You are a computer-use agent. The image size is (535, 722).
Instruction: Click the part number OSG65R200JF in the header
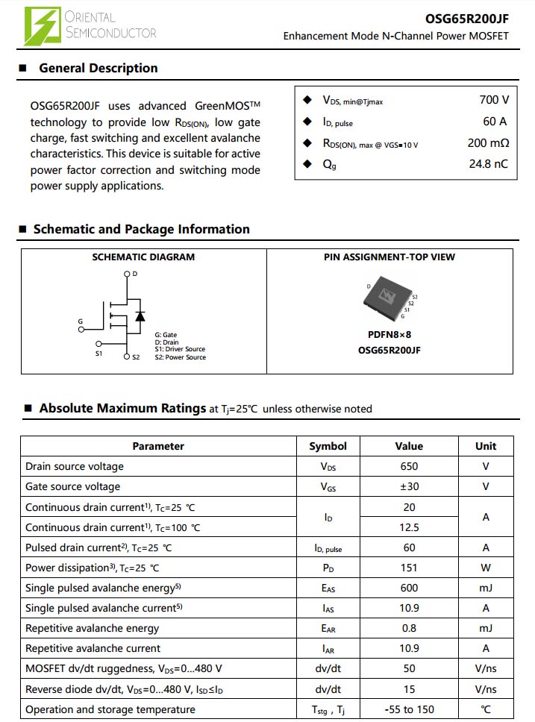pos(467,19)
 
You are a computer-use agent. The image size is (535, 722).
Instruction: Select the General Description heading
pos(98,68)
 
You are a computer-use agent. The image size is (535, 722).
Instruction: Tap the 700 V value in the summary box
pos(494,100)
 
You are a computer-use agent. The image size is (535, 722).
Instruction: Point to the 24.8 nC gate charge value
pos(488,164)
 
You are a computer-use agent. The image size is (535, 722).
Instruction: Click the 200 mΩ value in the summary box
pos(488,143)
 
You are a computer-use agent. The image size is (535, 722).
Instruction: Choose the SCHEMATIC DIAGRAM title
pos(143,257)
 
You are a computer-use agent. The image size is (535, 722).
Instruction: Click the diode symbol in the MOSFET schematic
pos(140,316)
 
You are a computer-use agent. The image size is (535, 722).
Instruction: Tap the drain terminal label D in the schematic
pos(134,274)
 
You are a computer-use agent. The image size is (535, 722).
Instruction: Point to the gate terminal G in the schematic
pos(81,322)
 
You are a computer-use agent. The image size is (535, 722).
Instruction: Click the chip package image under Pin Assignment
pos(388,299)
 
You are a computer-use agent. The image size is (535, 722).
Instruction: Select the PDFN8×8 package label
pos(389,335)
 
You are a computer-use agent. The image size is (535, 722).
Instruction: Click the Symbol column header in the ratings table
pos(328,446)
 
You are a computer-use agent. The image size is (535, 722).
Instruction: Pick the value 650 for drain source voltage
pos(409,467)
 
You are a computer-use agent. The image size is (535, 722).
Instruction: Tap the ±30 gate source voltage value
pos(409,487)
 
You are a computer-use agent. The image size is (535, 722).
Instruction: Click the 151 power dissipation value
pos(409,568)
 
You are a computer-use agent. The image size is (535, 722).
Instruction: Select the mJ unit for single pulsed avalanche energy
pos(485,588)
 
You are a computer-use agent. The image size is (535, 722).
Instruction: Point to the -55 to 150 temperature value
pos(409,709)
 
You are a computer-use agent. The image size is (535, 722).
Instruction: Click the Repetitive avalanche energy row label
pos(93,628)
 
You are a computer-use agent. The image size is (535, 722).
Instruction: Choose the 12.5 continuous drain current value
pos(409,527)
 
